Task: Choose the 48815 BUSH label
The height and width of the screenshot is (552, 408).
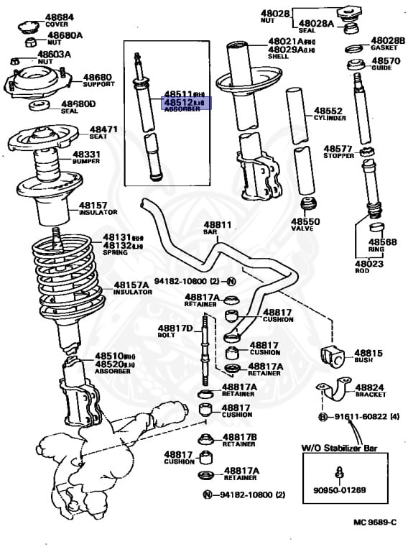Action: click(x=368, y=356)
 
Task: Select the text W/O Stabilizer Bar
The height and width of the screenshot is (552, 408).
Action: click(x=339, y=448)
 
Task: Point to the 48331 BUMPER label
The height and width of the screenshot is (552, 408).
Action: click(x=86, y=157)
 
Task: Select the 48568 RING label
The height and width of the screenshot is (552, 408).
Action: click(x=381, y=245)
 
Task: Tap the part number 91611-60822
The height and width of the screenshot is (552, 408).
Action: click(x=356, y=417)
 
